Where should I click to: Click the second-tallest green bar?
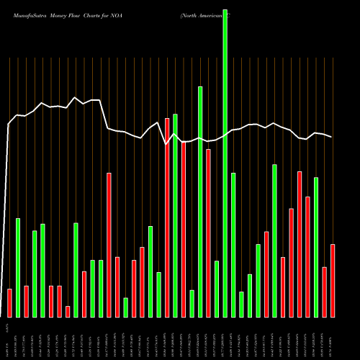(200, 202)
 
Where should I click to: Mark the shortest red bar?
(68, 311)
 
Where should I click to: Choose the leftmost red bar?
(9, 302)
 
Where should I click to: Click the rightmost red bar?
(333, 281)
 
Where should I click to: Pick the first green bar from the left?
(18, 267)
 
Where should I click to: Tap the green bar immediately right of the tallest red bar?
(175, 215)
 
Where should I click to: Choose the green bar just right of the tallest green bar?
(233, 245)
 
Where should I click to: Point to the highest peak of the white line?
(75, 97)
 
